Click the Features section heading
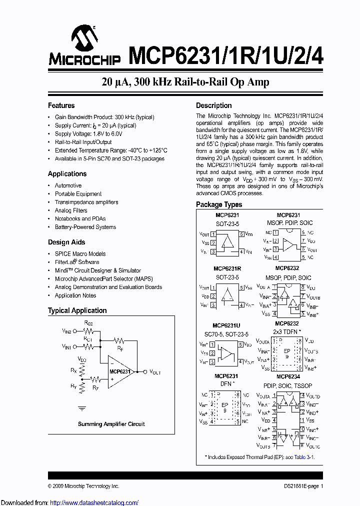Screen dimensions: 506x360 [61, 105]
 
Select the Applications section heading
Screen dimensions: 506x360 [67, 174]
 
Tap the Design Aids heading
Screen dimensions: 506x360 [66, 242]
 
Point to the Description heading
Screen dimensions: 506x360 [213, 105]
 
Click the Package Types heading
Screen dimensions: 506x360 [218, 204]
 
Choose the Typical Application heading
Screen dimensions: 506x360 [77, 310]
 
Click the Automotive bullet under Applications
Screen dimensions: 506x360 [68, 185]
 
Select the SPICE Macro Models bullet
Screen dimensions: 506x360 [80, 254]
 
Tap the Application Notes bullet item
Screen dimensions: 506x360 [75, 295]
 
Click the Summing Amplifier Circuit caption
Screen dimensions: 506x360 [111, 424]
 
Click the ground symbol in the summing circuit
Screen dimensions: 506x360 [82, 408]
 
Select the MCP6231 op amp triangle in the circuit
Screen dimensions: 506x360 [120, 372]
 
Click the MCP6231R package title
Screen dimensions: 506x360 [227, 269]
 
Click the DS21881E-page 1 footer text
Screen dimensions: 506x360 [300, 486]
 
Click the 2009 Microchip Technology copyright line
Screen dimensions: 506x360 [83, 486]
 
